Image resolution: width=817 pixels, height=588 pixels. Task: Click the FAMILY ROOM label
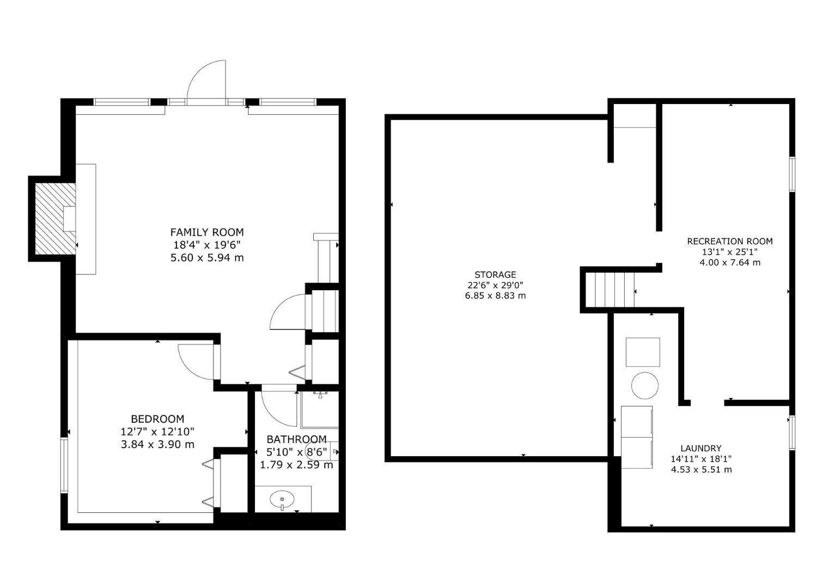tap(207, 232)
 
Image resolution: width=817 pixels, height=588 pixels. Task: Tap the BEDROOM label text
tap(157, 419)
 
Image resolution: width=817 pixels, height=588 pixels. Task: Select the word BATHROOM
tap(296, 439)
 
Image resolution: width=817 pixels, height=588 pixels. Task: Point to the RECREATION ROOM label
tap(729, 241)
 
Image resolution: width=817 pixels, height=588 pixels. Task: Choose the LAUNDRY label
tap(701, 449)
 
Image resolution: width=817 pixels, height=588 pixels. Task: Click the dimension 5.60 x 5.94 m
tap(207, 258)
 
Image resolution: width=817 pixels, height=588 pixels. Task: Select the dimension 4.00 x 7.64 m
tap(729, 262)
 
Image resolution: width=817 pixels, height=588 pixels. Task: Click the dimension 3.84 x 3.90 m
tap(157, 444)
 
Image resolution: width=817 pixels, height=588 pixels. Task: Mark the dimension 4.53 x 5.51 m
tap(701, 469)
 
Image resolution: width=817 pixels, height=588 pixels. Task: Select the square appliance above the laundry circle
tap(643, 352)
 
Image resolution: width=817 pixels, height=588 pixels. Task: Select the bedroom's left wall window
tap(64, 465)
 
